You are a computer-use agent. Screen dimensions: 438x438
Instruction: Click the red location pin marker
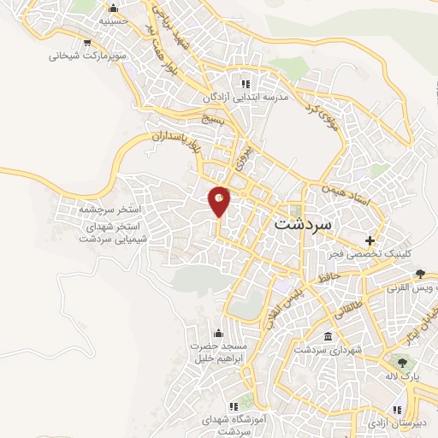[x=220, y=200]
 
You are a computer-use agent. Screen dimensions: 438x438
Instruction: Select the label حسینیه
[x=114, y=20]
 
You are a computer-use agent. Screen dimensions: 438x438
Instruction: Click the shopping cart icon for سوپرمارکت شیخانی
[x=88, y=42]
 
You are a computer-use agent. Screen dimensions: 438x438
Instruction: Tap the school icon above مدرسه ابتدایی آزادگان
[x=246, y=84]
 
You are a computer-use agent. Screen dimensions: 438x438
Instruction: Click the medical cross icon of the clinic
[x=370, y=240]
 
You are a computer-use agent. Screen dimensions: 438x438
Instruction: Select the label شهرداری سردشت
[x=329, y=349]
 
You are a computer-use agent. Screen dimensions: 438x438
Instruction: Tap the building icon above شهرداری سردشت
[x=328, y=335]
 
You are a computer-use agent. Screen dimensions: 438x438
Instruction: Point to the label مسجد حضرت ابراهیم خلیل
[x=219, y=352]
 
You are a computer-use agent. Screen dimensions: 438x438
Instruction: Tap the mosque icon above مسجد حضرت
[x=218, y=332]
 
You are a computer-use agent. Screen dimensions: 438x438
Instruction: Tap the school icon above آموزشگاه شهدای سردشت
[x=232, y=405]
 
